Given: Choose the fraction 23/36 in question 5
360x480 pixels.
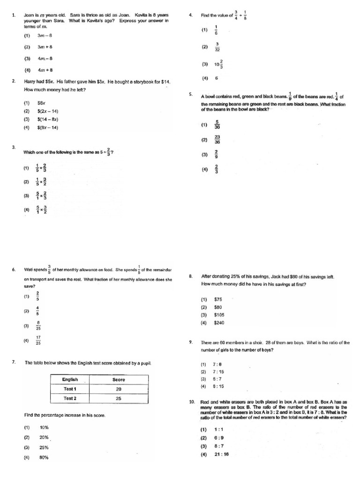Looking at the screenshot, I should click(x=217, y=139).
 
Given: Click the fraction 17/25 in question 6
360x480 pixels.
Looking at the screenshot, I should click(x=38, y=341).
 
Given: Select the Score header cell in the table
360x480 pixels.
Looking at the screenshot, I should click(x=118, y=379).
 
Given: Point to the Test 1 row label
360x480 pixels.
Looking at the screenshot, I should click(x=70, y=389).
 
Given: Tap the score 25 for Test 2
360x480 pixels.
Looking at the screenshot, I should click(x=118, y=398).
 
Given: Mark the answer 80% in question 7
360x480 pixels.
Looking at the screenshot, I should click(x=44, y=457).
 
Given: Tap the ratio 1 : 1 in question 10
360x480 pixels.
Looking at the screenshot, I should click(x=218, y=429).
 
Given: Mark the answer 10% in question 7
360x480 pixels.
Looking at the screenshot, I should click(x=44, y=427).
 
